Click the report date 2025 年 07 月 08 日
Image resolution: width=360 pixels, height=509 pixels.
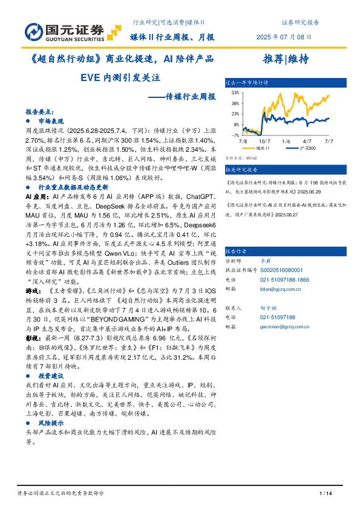pyautogui.click(x=287, y=37)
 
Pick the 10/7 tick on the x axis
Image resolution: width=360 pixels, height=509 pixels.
pyautogui.click(x=266, y=140)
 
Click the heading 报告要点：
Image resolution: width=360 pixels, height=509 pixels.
pyautogui.click(x=38, y=112)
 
